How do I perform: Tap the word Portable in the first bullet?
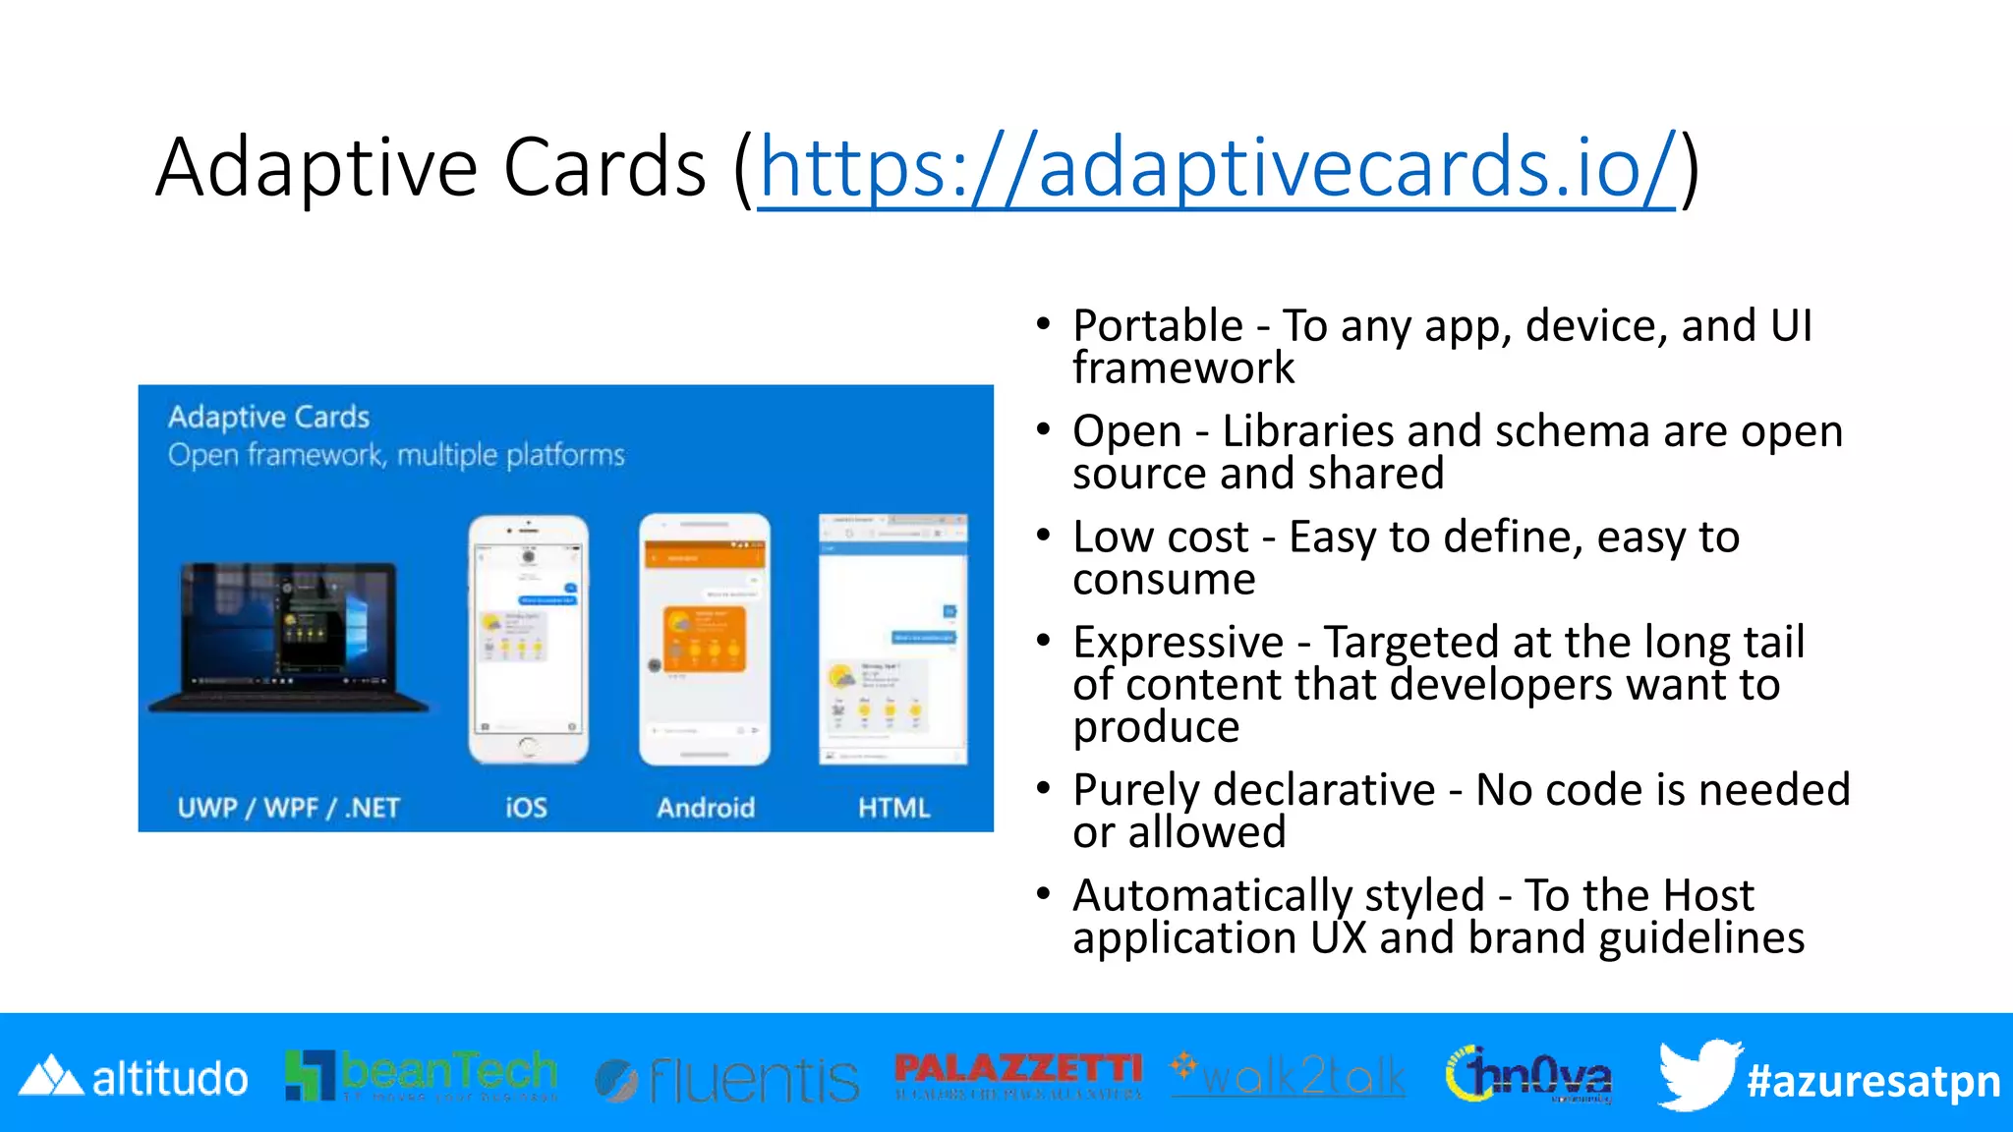1158,326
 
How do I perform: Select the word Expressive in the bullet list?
1178,643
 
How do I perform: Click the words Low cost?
1160,538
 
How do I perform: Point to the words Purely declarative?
1253,790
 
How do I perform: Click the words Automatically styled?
1278,895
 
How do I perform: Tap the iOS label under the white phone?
526,808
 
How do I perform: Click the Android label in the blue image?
706,808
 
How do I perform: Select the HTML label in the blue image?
893,808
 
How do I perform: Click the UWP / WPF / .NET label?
288,808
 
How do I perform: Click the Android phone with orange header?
704,639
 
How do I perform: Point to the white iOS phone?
529,639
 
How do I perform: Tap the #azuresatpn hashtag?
1873,1081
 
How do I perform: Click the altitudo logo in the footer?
134,1078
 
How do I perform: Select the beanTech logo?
421,1075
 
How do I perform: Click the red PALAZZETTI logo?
1018,1073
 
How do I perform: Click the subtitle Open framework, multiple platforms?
396,455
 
